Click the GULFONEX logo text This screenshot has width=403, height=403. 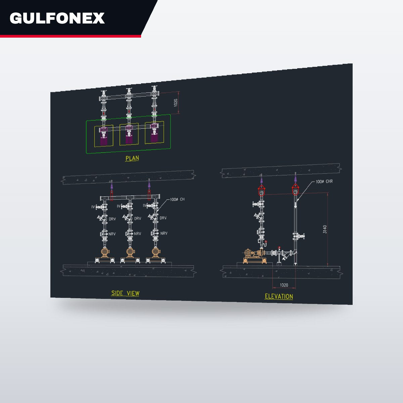point(57,18)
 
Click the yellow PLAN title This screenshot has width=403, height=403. point(132,158)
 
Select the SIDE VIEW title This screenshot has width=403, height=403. point(125,293)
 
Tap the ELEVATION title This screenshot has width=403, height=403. point(279,296)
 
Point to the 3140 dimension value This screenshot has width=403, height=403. point(324,229)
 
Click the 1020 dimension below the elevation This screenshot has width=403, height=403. point(284,285)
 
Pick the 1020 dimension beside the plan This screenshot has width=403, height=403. point(176,102)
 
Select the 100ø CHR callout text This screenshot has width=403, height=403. point(324,181)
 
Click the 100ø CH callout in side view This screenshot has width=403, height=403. point(177,199)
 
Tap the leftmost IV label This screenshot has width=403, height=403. point(93,207)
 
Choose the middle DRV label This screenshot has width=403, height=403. point(138,218)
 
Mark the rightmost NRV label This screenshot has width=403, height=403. point(164,233)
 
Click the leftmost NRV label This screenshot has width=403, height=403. point(112,234)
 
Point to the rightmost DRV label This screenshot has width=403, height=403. point(163,218)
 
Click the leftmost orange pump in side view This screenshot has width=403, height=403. point(105,253)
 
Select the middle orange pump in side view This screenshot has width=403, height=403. point(130,253)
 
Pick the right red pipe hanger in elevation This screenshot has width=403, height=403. point(295,190)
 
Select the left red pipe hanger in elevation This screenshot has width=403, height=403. point(261,190)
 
